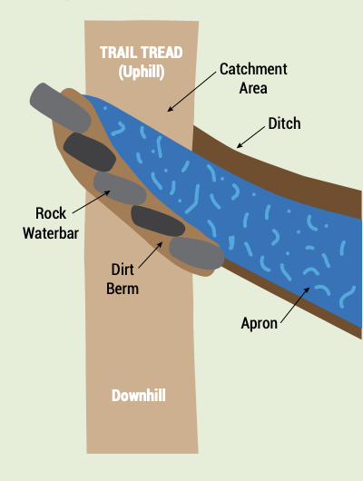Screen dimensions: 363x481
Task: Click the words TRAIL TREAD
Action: tap(142, 53)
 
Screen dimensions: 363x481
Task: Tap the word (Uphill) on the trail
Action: tap(142, 72)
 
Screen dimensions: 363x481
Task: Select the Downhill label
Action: tap(139, 395)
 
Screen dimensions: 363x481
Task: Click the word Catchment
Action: tap(253, 69)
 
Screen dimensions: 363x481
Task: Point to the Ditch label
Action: tap(284, 123)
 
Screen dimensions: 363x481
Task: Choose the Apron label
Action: tap(260, 324)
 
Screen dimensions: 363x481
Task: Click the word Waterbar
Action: tap(51, 233)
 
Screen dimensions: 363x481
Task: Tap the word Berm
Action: tap(123, 289)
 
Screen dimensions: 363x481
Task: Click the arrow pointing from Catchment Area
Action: tap(191, 92)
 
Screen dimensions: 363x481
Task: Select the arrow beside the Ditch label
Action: tap(250, 137)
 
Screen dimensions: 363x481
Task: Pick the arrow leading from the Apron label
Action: tap(295, 305)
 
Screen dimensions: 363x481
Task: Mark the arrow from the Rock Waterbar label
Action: tap(91, 201)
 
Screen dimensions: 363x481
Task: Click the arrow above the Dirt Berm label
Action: tap(151, 255)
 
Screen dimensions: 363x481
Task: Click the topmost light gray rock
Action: tap(61, 107)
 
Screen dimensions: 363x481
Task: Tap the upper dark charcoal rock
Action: tap(90, 152)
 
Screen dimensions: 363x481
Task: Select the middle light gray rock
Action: tap(120, 188)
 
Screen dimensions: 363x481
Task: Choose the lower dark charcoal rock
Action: tap(158, 221)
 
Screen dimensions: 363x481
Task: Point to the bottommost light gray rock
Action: tap(197, 253)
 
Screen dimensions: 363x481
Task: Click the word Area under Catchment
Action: tap(253, 88)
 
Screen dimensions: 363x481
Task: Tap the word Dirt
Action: tap(123, 270)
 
